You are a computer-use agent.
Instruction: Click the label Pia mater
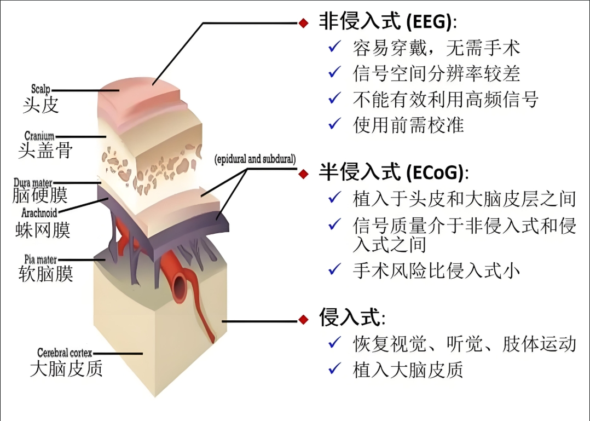point(41,258)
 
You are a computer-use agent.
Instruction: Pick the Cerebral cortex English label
point(65,353)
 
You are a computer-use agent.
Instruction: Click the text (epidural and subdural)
point(255,160)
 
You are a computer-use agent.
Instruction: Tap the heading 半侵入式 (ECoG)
point(393,173)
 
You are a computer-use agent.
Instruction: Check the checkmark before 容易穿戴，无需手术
point(334,48)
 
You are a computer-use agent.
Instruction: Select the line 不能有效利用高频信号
point(446,99)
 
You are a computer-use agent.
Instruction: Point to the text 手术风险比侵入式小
point(436,270)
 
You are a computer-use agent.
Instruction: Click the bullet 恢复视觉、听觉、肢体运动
point(464,343)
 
